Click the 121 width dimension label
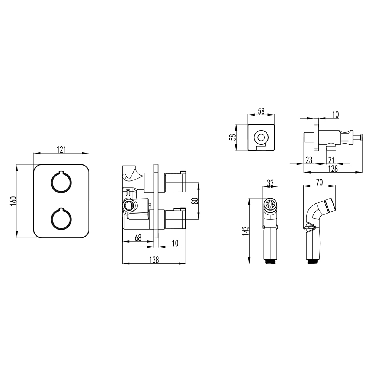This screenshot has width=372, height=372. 61,150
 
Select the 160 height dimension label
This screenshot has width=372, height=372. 13,201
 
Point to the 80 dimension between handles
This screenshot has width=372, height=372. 195,201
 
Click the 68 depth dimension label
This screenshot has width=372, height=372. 138,237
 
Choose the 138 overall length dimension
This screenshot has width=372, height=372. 154,260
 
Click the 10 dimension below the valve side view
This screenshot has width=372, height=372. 175,243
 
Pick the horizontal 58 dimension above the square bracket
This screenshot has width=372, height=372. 261,111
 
